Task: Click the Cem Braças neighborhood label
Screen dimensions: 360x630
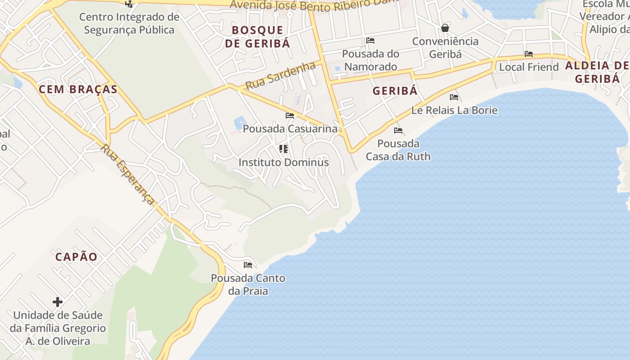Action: pos(78,89)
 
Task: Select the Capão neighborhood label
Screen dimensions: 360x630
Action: pos(76,257)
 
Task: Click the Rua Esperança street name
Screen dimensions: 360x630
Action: pos(128,174)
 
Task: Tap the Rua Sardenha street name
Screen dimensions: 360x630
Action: pos(280,76)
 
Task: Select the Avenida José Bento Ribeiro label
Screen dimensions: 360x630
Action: pos(314,4)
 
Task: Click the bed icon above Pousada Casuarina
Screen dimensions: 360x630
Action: pos(290,116)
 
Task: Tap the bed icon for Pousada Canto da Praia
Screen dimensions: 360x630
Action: pos(247,265)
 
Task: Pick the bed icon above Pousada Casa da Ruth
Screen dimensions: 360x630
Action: pos(398,130)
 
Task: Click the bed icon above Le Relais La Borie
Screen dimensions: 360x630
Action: pos(454,97)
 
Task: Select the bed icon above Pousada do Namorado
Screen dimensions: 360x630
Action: pos(370,40)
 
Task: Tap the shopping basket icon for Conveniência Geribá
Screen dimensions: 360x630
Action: pos(445,28)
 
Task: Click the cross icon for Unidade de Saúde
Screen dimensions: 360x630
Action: pos(58,301)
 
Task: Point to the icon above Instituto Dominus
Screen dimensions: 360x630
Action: pos(283,148)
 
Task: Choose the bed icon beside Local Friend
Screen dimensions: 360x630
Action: pos(529,54)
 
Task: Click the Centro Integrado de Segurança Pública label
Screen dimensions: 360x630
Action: pos(129,23)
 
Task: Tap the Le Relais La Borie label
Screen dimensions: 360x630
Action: pos(454,110)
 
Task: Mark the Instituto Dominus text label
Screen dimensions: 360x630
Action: pos(283,162)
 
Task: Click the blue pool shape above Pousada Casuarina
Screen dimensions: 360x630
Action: pos(240,122)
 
